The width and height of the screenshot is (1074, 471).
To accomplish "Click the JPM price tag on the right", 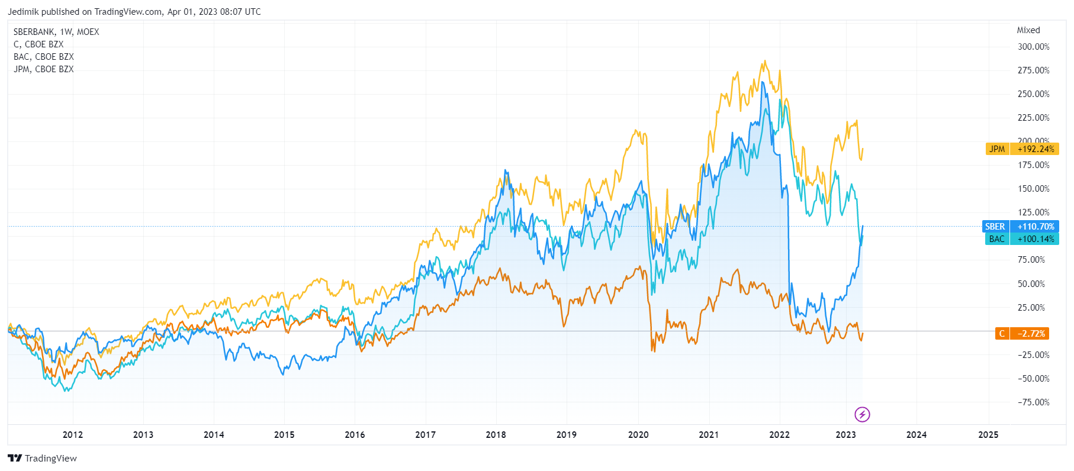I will pyautogui.click(x=1022, y=149).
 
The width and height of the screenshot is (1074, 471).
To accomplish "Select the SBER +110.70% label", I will pyautogui.click(x=1021, y=227).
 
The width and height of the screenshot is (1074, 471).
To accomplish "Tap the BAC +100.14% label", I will pyautogui.click(x=1022, y=239).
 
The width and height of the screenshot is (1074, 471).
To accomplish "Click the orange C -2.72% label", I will pyautogui.click(x=1022, y=334).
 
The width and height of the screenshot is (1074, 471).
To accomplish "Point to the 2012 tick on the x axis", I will pyautogui.click(x=73, y=435).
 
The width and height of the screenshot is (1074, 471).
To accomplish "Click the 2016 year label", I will pyautogui.click(x=355, y=435).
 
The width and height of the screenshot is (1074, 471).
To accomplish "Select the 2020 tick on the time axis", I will pyautogui.click(x=638, y=435).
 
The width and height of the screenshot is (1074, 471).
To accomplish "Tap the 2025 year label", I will pyautogui.click(x=988, y=435).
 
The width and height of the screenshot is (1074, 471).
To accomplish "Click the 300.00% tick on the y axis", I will pyautogui.click(x=1033, y=47).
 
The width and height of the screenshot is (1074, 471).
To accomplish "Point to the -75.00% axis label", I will pyautogui.click(x=1033, y=402).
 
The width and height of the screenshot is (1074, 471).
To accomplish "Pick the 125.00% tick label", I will pyautogui.click(x=1033, y=212).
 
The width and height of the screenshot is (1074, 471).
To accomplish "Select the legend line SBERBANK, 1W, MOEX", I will pyautogui.click(x=56, y=32).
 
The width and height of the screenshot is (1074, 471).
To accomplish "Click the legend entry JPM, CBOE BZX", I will pyautogui.click(x=44, y=69).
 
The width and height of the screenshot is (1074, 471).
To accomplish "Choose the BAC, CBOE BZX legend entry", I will pyautogui.click(x=44, y=57).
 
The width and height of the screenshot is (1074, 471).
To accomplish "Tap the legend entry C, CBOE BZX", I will pyautogui.click(x=38, y=44).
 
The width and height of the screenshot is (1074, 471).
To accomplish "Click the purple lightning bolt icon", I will pyautogui.click(x=862, y=414).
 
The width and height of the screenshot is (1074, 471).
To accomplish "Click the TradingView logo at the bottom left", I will pyautogui.click(x=43, y=459).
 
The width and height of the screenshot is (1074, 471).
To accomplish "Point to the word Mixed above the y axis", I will pyautogui.click(x=1028, y=30).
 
